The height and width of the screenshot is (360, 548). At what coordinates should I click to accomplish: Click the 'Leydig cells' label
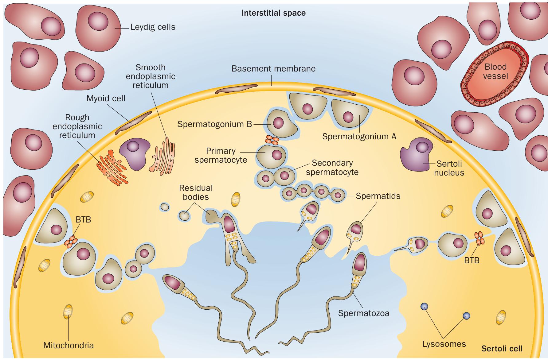click(x=153, y=27)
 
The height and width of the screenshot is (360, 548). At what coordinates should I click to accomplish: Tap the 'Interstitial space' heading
click(x=273, y=13)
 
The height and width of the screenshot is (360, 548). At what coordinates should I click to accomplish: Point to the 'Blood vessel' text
click(x=495, y=71)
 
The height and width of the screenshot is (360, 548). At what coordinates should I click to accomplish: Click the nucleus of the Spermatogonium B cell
click(x=279, y=123)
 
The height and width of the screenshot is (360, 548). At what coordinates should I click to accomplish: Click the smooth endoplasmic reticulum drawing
click(x=162, y=155)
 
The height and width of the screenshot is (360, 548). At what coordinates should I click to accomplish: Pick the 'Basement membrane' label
click(x=273, y=68)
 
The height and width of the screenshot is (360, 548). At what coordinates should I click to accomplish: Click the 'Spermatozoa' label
click(x=364, y=313)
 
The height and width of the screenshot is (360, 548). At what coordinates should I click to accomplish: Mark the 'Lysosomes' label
click(x=444, y=344)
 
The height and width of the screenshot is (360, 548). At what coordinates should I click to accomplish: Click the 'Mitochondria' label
click(x=68, y=345)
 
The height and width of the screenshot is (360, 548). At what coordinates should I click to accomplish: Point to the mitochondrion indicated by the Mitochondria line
click(x=68, y=312)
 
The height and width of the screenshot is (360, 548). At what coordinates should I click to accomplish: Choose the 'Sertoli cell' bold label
click(x=502, y=349)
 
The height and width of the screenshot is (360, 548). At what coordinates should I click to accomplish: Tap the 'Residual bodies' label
click(x=196, y=192)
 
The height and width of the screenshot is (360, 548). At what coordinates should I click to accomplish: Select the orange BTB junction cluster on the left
click(x=71, y=241)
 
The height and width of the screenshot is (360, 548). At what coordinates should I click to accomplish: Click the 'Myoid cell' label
click(x=106, y=99)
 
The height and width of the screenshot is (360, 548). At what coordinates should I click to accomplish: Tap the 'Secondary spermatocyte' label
click(x=332, y=167)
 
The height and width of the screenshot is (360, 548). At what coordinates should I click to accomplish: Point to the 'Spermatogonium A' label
click(x=359, y=137)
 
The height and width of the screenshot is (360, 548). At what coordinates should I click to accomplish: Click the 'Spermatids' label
click(x=378, y=196)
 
